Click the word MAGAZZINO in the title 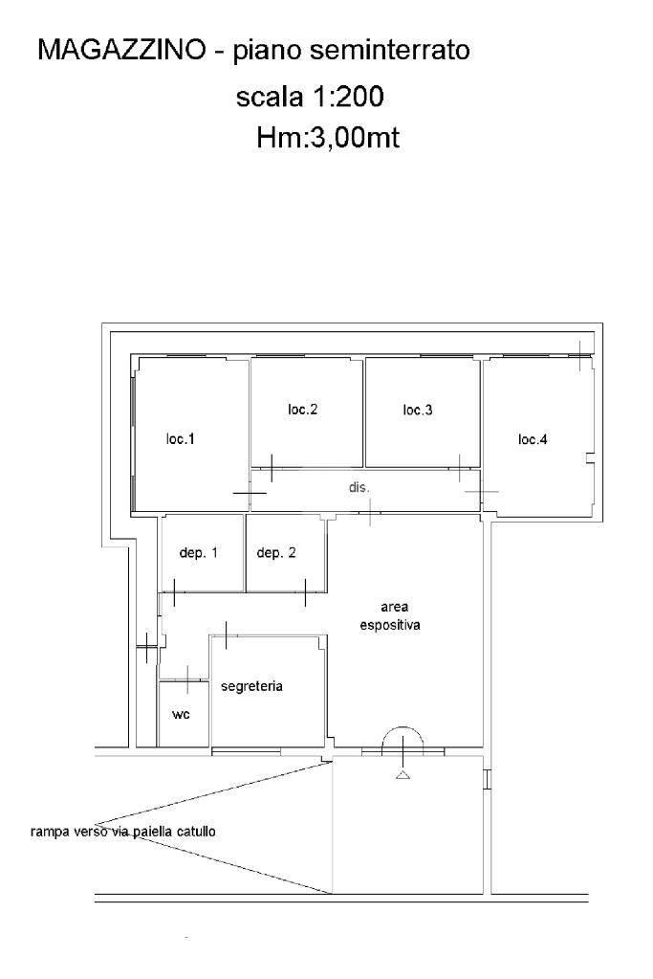[121, 50]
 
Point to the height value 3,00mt [355, 138]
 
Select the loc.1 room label [181, 439]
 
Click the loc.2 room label [302, 409]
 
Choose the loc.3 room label [418, 410]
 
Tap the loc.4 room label [533, 439]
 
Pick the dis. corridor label [359, 487]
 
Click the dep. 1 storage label [198, 553]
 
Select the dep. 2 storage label [276, 553]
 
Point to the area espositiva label [390, 615]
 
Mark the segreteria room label [252, 686]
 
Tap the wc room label [181, 714]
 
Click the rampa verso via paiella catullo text [123, 832]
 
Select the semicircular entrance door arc [403, 727]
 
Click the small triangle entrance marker [403, 775]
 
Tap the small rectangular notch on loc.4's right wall [590, 459]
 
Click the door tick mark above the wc [187, 679]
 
